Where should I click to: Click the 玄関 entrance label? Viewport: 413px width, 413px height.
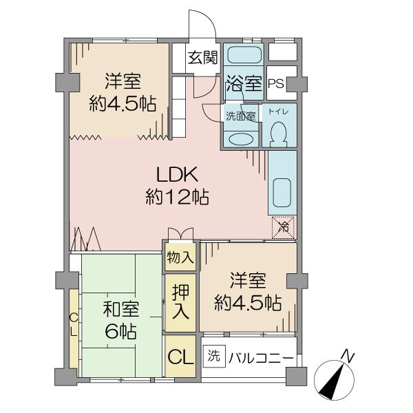pos(203,57)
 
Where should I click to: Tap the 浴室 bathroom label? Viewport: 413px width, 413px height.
pos(244,83)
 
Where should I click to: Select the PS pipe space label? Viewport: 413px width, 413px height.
pos(276,83)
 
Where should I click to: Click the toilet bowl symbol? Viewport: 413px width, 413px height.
pos(279,133)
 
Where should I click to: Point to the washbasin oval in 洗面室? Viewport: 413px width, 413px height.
pos(240,139)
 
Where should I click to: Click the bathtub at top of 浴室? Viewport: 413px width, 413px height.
pos(244,54)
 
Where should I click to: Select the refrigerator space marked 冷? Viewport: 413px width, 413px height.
pos(283,227)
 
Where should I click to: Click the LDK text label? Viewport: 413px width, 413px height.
pos(177,174)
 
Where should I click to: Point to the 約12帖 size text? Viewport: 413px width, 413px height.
pos(178,196)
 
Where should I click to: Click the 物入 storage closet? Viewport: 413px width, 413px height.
pos(180,257)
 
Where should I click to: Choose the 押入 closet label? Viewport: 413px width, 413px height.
pos(180,302)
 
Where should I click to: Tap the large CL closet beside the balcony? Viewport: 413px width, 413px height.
pos(180,357)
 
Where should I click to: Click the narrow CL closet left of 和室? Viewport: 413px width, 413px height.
pos(74,326)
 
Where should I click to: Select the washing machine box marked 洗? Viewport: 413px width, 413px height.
pos(214,356)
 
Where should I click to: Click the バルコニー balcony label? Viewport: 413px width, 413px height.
pos(261,358)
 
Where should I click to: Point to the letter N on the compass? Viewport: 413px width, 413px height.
pos(348,356)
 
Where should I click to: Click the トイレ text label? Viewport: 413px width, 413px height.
pos(278,112)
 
